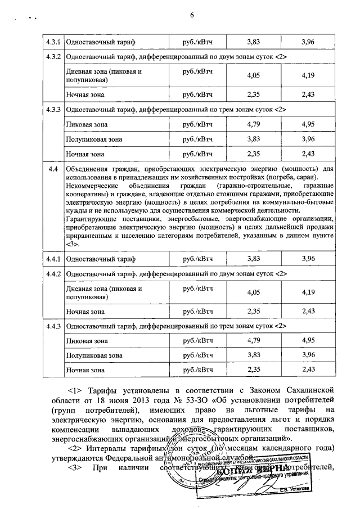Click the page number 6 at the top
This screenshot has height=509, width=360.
coord(192,14)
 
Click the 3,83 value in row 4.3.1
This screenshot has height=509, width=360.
coord(256,42)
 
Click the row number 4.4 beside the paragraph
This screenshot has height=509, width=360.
coord(54,169)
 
